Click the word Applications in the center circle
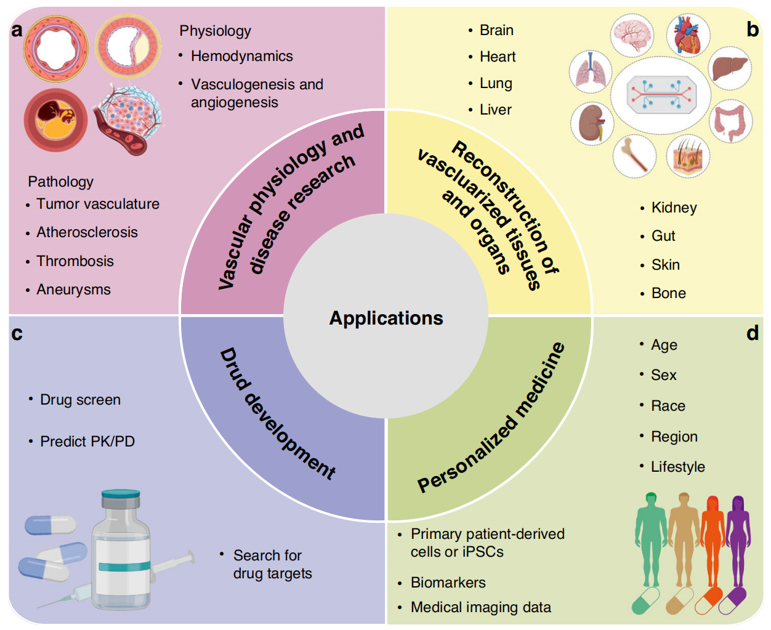click(x=386, y=318)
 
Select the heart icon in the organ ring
click(x=688, y=36)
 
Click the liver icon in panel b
click(x=730, y=68)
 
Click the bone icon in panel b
click(x=634, y=156)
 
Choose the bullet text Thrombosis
click(x=75, y=261)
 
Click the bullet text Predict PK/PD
click(x=87, y=442)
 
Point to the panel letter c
click(x=17, y=334)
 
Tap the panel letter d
click(x=753, y=333)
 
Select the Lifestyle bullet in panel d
click(x=677, y=467)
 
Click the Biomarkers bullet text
click(x=448, y=583)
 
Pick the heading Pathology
click(x=61, y=182)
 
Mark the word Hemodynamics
click(x=241, y=56)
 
